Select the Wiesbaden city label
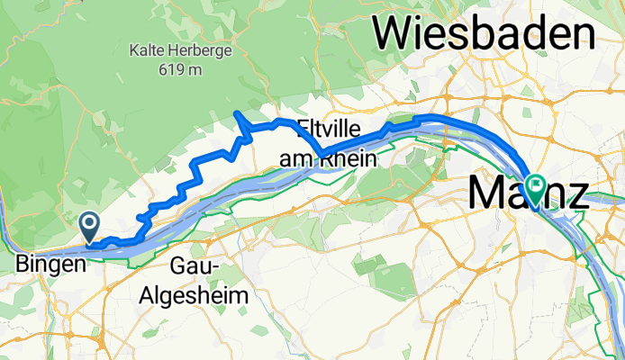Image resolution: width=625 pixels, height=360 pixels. pos(485,34)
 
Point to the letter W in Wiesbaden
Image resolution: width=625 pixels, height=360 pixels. pos(397,34)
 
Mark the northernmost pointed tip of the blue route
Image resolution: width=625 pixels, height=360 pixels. pos(235,112)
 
